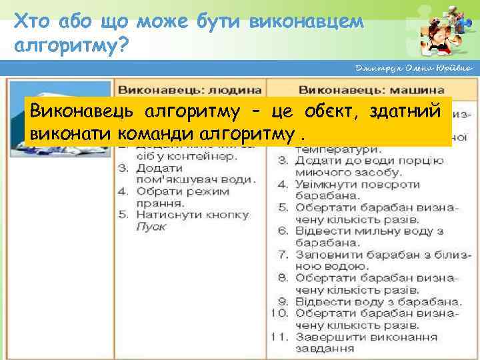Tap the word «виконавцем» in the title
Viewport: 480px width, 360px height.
[306, 22]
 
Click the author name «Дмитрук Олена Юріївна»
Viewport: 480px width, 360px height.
[414, 69]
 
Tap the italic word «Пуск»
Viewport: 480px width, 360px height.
[151, 226]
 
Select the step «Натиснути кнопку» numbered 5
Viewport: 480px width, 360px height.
[192, 215]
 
